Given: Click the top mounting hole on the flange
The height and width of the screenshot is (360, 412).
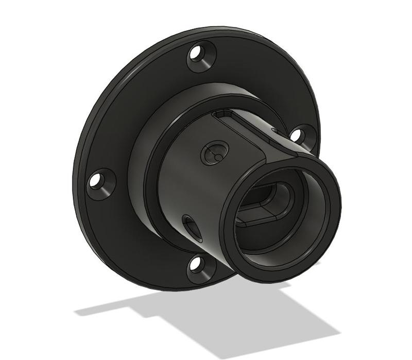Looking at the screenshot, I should (196, 53).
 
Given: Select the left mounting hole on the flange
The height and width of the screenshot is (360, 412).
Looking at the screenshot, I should (95, 181).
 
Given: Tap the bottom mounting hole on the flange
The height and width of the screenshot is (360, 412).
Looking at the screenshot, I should (195, 264).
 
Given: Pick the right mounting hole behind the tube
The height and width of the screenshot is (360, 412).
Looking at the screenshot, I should (296, 135).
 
